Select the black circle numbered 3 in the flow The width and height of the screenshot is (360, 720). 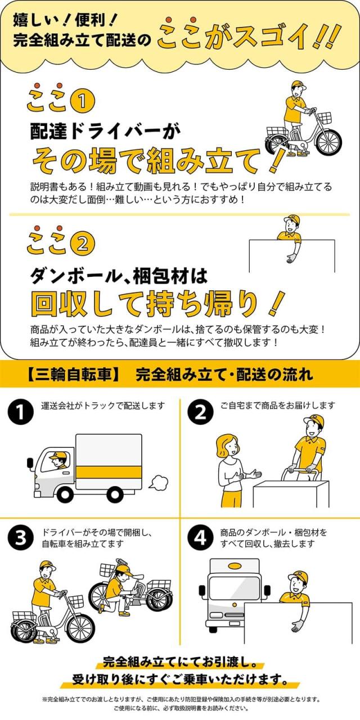[20, 538]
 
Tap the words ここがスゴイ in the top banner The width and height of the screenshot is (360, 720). [247, 37]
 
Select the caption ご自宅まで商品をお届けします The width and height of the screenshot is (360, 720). [278, 406]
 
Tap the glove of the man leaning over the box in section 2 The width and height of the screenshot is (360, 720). [291, 258]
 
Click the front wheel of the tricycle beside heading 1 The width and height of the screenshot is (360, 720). [328, 142]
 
